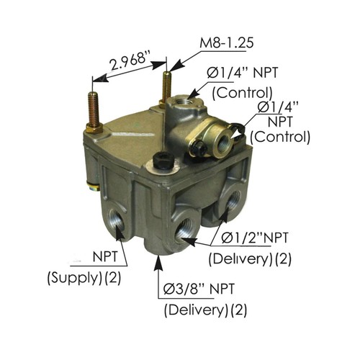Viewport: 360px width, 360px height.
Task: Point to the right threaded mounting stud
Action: (167, 83)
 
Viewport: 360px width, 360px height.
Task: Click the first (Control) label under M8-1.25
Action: (242, 91)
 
